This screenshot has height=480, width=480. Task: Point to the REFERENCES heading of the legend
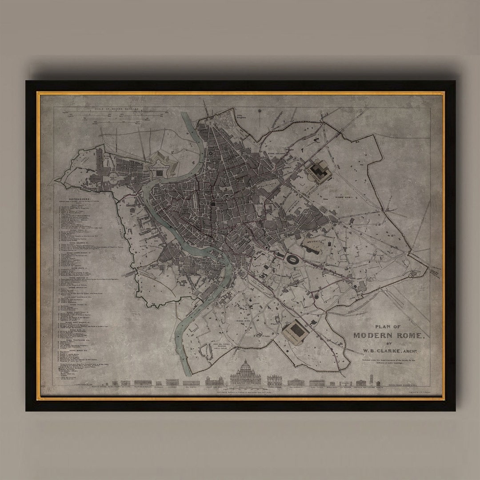coord(80,199)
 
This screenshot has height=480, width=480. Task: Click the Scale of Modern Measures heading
coord(117,108)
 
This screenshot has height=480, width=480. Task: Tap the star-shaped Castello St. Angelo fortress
coord(162,165)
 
